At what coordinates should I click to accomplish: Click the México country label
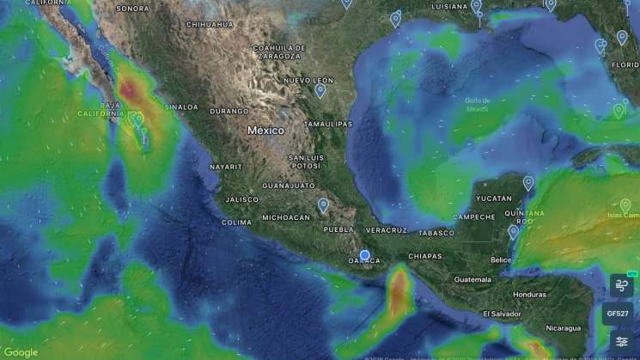pos(265,131)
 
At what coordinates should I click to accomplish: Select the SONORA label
pos(132,9)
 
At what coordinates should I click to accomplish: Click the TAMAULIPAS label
pos(328,124)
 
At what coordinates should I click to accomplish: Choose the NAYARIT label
pos(226,167)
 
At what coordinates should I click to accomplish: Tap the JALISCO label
pos(242,199)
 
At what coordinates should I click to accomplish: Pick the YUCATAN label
pos(494,198)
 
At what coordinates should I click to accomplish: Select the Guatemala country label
pos(472,279)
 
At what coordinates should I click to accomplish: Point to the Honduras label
pos(529,294)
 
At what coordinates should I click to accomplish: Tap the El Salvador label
pos(501,314)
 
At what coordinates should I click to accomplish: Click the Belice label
pos(501,259)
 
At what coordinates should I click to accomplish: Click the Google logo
pos(21,351)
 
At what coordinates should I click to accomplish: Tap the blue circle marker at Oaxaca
pos(365,255)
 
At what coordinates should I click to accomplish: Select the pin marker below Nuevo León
pos(320,89)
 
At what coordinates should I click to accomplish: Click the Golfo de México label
pos(477,105)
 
